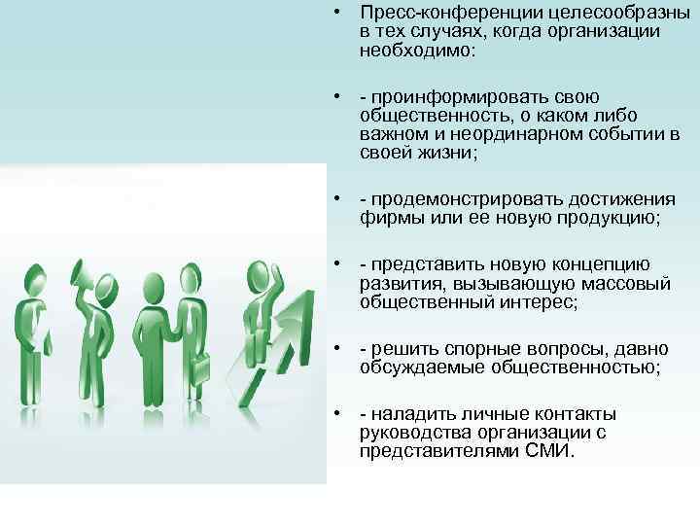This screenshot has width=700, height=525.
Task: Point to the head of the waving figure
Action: pyautogui.click(x=257, y=275)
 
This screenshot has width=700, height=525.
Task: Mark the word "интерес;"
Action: pyautogui.click(x=543, y=303)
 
